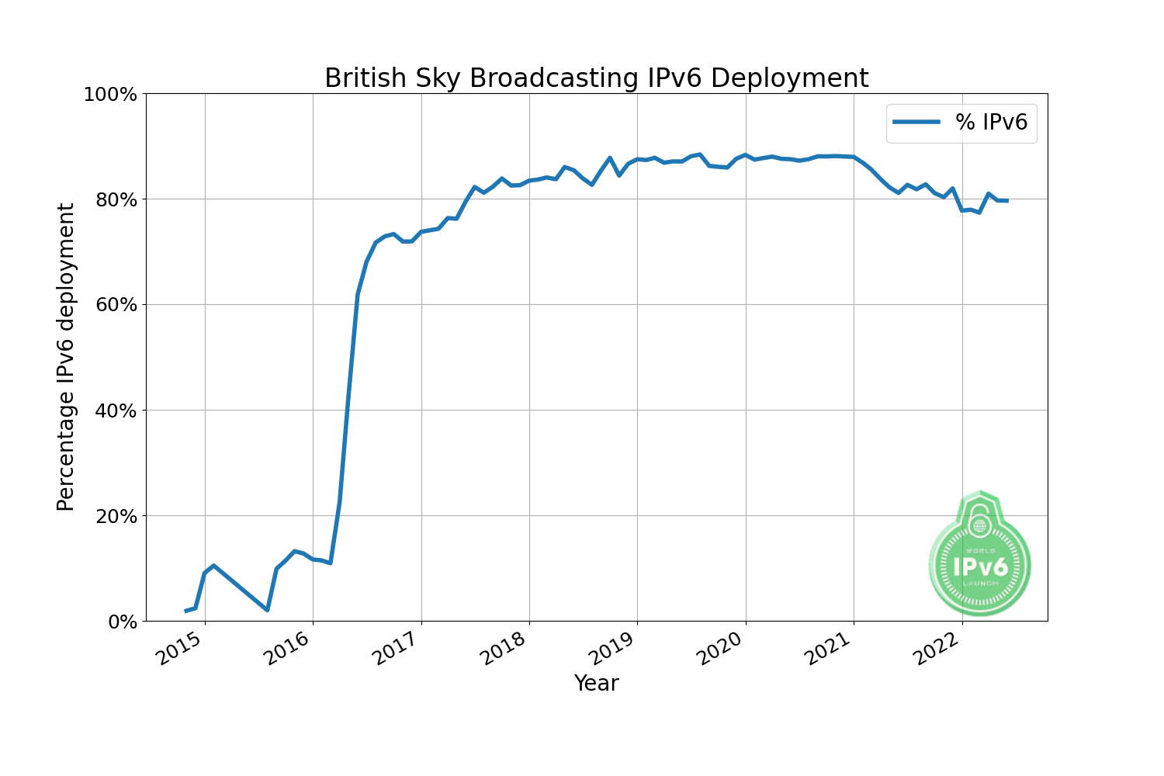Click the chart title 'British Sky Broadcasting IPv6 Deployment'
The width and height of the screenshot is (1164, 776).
(596, 78)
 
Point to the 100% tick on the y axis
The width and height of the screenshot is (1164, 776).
(110, 95)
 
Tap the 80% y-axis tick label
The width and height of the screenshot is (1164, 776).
(115, 200)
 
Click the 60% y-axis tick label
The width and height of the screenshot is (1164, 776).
(115, 305)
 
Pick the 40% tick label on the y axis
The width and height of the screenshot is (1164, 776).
(115, 411)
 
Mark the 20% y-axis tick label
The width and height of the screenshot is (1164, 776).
(115, 516)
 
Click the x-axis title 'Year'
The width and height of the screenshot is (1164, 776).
(596, 684)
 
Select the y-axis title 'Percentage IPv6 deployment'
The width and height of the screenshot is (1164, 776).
(67, 357)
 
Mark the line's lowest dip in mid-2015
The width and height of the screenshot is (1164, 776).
(267, 610)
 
